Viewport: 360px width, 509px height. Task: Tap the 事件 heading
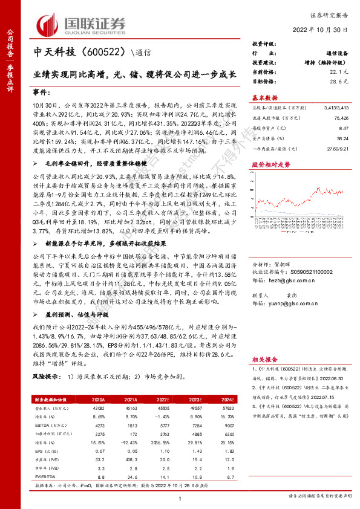(41, 94)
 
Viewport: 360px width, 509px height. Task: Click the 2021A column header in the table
(115, 399)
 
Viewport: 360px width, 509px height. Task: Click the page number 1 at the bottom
(180, 497)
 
